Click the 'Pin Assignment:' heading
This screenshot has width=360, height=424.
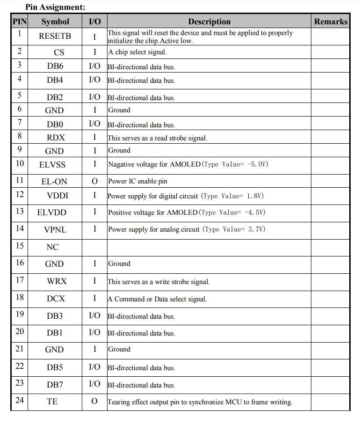(55, 7)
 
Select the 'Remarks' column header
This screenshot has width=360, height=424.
(331, 22)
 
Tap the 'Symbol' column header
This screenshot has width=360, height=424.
(55, 22)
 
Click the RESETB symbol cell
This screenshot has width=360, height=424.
(55, 36)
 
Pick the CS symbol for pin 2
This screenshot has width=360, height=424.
(59, 52)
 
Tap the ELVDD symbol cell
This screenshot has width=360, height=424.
(52, 212)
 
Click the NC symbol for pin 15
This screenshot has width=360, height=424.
(52, 247)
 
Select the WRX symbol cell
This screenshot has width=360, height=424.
(57, 281)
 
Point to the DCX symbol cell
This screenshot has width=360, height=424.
(56, 299)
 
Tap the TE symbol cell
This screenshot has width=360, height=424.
(52, 402)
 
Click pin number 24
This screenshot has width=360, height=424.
(19, 400)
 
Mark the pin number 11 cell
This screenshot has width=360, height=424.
(19, 180)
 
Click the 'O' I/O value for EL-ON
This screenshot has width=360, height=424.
(94, 181)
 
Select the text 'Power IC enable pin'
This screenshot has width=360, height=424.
(137, 181)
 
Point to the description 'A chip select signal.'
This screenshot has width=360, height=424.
(137, 52)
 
